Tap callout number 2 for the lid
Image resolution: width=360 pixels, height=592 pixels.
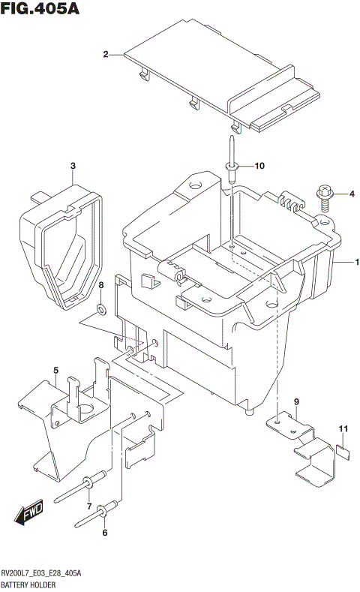(106, 54)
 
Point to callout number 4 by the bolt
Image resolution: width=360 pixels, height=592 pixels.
(351, 195)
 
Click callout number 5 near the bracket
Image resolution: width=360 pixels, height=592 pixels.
(55, 371)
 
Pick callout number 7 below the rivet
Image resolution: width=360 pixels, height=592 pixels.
(88, 506)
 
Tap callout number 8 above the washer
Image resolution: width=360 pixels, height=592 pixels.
(100, 286)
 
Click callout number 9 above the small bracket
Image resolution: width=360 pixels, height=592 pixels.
(296, 402)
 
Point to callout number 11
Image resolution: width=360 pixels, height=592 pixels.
(343, 429)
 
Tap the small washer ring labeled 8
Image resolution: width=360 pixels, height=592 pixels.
(100, 308)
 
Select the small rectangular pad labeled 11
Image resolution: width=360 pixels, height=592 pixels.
(343, 450)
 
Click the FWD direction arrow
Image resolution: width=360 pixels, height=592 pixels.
(28, 515)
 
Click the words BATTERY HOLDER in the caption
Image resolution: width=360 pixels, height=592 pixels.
(34, 584)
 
